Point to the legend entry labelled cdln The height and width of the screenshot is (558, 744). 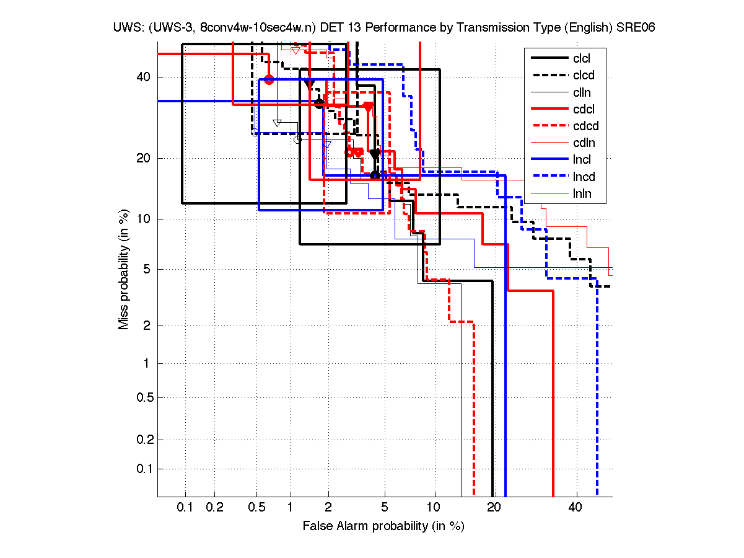(x=584, y=143)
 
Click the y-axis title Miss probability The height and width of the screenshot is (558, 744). (x=125, y=270)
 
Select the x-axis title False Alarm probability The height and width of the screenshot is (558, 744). (x=383, y=526)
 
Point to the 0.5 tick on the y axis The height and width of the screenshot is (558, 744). (x=144, y=397)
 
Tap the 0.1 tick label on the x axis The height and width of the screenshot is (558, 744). (x=185, y=507)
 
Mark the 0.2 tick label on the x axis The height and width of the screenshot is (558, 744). (x=214, y=507)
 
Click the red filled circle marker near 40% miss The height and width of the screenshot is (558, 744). (x=269, y=79)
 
